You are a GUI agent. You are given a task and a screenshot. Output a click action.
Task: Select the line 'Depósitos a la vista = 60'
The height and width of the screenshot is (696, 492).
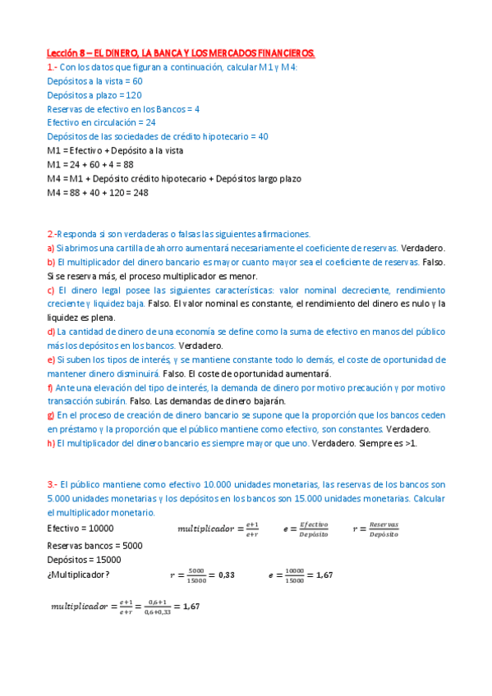[95, 81]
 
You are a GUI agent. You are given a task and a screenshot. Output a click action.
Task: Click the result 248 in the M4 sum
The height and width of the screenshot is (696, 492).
[140, 192]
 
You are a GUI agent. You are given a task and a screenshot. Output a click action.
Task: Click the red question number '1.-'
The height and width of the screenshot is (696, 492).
[53, 67]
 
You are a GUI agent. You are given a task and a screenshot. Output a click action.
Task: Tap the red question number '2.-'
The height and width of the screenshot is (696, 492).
[52, 234]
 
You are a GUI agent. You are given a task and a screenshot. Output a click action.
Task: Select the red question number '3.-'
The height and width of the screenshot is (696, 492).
[53, 485]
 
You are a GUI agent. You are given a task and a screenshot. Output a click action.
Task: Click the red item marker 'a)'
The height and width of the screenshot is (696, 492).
[51, 248]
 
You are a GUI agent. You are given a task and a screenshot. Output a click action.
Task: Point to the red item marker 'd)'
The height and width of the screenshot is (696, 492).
[51, 332]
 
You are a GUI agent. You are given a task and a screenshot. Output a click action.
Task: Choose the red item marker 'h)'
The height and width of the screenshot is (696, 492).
[51, 443]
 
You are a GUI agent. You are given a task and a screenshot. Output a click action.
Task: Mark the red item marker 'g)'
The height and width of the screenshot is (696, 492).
[51, 415]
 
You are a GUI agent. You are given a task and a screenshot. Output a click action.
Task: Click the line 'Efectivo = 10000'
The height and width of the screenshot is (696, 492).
[80, 528]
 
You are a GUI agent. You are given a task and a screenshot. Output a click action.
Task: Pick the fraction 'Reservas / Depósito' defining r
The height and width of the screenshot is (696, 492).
[384, 529]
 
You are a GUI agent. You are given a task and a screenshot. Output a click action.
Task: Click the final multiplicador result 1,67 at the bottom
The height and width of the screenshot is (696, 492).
[191, 607]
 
